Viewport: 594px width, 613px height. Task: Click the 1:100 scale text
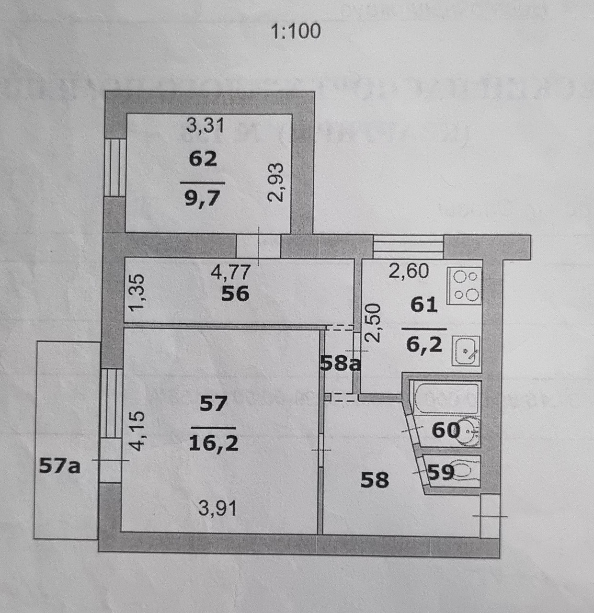(x=296, y=32)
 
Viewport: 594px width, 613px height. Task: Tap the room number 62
(x=203, y=159)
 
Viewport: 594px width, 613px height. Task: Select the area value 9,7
(x=202, y=197)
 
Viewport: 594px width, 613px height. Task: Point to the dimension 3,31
(x=205, y=126)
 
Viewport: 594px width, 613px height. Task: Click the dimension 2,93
(x=276, y=182)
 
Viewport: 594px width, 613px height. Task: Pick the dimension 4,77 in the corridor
(x=231, y=272)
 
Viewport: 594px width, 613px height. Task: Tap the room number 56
(x=235, y=294)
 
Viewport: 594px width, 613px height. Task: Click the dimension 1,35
(x=137, y=292)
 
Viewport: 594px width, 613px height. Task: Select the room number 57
(x=213, y=404)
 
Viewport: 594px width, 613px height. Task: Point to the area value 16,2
(x=213, y=443)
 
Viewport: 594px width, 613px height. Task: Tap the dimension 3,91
(x=217, y=508)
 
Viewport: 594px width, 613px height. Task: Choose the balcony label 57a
(x=59, y=465)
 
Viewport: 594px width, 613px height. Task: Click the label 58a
(x=340, y=364)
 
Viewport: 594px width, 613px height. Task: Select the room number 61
(x=424, y=305)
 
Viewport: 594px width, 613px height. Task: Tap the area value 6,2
(x=424, y=343)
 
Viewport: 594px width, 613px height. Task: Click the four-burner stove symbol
(x=464, y=286)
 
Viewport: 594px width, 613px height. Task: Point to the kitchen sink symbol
(x=466, y=351)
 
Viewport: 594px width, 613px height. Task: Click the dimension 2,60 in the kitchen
(x=408, y=272)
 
